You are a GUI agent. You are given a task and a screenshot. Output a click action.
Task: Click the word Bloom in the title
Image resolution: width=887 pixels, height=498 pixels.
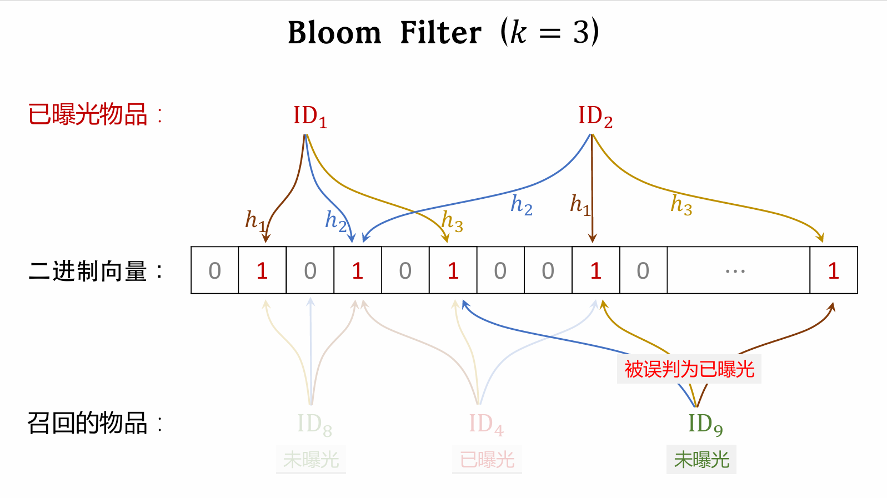point(334,33)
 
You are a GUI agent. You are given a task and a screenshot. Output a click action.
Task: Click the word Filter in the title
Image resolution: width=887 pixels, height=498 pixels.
point(440,33)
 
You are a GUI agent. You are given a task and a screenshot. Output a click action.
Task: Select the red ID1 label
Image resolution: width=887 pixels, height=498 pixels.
point(310,117)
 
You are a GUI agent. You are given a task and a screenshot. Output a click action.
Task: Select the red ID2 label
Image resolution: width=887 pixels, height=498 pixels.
point(595,117)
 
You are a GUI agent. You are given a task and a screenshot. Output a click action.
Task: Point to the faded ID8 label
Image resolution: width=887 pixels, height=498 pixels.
point(314,425)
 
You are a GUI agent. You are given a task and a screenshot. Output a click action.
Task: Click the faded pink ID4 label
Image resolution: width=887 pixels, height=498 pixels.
point(486,425)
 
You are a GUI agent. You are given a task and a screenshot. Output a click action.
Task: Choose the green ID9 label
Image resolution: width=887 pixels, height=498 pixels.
point(705,425)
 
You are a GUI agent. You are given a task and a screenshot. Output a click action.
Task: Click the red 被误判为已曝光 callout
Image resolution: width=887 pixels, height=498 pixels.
point(689,369)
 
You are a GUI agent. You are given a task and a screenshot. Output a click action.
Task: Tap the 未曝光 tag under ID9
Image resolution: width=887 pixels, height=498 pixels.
point(701,460)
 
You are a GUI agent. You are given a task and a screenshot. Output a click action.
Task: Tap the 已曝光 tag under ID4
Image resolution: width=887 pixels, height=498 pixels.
point(487,460)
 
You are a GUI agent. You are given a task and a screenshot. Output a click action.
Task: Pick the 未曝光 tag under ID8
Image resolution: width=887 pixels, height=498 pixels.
point(311,460)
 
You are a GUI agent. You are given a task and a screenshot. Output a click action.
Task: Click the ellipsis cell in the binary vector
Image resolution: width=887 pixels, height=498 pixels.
point(738,270)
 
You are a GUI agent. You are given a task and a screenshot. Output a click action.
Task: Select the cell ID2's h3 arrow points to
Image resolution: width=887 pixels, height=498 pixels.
point(833,270)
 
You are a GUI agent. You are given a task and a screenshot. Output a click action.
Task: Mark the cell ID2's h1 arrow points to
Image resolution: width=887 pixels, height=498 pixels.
point(595,270)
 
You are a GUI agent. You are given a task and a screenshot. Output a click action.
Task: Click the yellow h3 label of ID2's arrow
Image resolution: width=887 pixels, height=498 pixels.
point(681,204)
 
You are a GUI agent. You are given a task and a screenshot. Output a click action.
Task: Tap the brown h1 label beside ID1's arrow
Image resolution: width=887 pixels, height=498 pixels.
point(255,220)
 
